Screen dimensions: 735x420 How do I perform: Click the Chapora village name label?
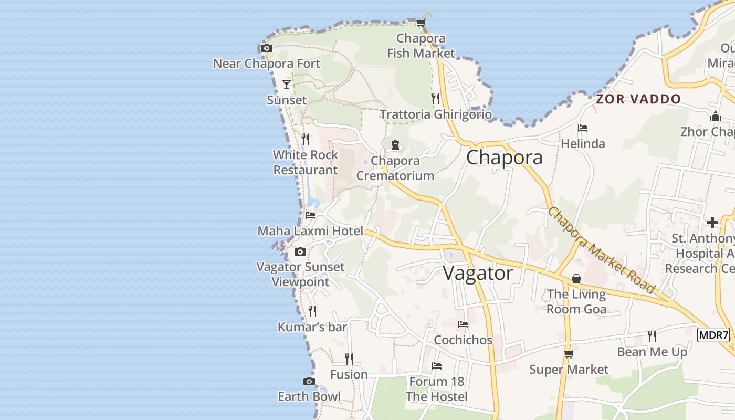[504, 157]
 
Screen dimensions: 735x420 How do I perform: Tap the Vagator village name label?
[478, 273]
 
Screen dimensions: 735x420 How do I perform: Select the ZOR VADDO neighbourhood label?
[638, 99]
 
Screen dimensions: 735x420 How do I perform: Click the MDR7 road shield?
[713, 335]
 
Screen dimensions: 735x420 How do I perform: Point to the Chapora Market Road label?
[602, 250]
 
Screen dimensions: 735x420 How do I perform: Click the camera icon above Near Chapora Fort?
[267, 48]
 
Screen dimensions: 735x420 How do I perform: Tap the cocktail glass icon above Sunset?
[287, 84]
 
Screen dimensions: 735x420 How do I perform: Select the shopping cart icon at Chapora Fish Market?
[421, 23]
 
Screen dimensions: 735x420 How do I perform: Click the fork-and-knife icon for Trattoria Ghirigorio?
[435, 98]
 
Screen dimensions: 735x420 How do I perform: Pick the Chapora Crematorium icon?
[395, 145]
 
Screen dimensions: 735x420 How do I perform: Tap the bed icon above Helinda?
[582, 128]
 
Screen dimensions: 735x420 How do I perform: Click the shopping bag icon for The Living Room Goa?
[576, 279]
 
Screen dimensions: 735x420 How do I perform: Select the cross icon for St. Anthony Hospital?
[712, 223]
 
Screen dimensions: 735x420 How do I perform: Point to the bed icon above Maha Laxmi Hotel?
[310, 215]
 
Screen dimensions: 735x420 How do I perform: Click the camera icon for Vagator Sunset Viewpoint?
[300, 252]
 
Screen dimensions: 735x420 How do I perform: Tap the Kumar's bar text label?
[312, 327]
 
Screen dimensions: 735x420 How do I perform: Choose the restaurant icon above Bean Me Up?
[652, 335]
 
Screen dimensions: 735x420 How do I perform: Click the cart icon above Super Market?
[569, 354]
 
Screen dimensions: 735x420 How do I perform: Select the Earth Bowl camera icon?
[309, 381]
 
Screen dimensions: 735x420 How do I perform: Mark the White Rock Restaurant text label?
[306, 162]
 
